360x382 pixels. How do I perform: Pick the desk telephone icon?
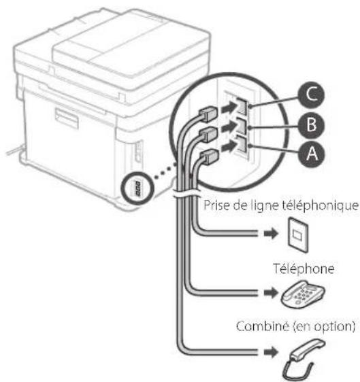[297, 294]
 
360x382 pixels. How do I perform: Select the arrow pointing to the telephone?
[267, 294]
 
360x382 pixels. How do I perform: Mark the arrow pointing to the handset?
[267, 353]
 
